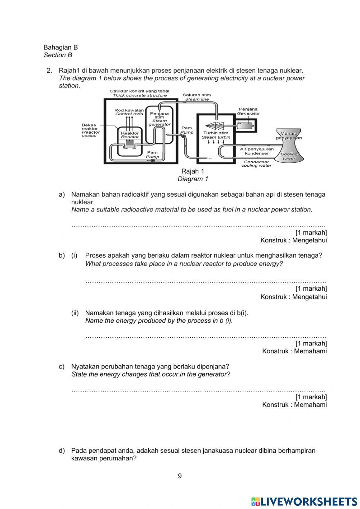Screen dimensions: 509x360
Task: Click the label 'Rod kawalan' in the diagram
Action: tap(129, 110)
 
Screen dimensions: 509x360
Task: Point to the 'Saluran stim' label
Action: tap(197, 95)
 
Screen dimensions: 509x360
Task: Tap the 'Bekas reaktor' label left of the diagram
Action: tap(89, 127)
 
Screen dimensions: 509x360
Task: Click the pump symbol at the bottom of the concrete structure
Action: tap(152, 161)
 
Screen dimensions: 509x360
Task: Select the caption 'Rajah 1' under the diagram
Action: tap(193, 171)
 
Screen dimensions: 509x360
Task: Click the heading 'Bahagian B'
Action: tap(60, 47)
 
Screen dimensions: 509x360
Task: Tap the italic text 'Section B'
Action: tap(58, 55)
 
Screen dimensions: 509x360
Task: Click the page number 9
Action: tap(180, 476)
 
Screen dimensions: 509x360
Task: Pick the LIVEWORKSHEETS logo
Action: tap(304, 501)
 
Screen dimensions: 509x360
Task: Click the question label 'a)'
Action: tap(62, 195)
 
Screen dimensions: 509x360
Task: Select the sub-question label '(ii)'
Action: tap(75, 313)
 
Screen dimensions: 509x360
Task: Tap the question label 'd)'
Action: tap(62, 451)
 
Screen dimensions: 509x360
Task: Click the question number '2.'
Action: tap(50, 71)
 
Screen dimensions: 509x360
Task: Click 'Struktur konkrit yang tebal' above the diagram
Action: tap(139, 91)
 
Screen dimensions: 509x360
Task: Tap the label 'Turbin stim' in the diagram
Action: tap(216, 133)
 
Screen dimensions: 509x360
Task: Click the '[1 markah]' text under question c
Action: tap(311, 397)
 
